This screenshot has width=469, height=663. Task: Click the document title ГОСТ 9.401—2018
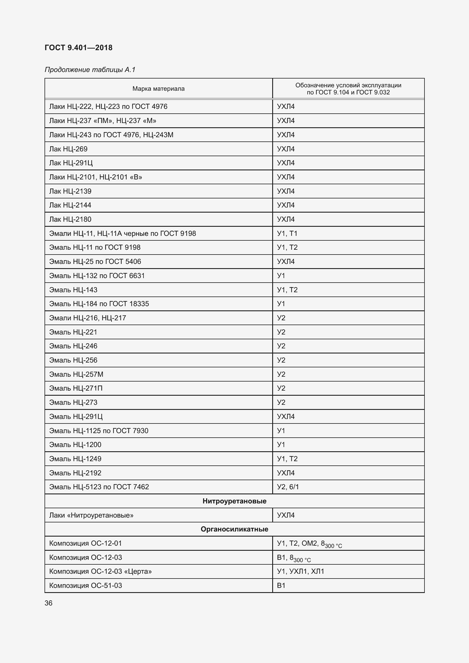click(79, 48)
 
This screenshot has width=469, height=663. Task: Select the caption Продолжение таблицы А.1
click(90, 70)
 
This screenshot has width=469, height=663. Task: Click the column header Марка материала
click(158, 89)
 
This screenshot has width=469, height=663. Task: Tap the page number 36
click(48, 603)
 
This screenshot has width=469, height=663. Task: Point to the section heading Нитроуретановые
click(234, 501)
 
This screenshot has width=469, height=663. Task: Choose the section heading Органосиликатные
click(234, 529)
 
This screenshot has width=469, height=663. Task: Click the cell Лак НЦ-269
click(68, 149)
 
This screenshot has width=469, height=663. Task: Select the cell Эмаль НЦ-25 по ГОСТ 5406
click(95, 262)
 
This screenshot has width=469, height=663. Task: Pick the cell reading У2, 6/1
click(288, 487)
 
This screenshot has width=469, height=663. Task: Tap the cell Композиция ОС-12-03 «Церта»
click(100, 571)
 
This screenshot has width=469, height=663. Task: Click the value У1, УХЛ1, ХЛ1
click(300, 571)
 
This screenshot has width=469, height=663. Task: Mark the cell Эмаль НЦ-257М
click(76, 374)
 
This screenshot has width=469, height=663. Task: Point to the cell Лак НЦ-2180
click(70, 219)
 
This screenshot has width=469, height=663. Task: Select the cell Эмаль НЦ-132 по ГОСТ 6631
click(97, 276)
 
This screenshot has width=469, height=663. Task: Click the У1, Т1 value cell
click(287, 233)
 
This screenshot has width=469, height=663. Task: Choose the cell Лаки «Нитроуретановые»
click(91, 515)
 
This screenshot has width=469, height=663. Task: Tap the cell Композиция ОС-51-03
click(85, 585)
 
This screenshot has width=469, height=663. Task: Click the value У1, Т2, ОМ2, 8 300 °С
click(309, 544)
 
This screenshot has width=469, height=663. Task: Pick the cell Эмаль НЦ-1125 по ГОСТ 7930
click(98, 431)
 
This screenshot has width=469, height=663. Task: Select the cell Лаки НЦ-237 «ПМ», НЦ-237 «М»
click(103, 121)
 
